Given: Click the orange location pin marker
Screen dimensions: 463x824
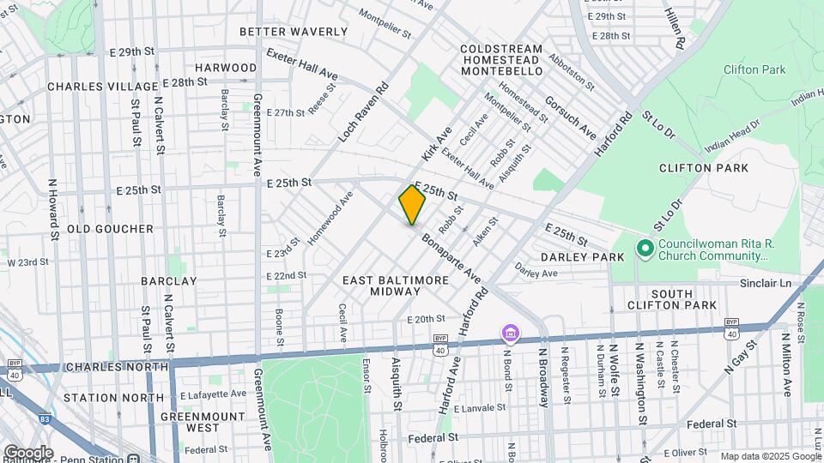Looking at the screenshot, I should point(412,205).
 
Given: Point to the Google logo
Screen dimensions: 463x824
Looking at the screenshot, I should point(27,452).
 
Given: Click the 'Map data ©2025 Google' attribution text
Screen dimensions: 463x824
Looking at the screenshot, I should point(770,456).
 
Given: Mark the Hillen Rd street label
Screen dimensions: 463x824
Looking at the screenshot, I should point(675,27).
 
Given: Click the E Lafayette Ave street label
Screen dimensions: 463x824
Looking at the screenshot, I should point(213,394).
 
